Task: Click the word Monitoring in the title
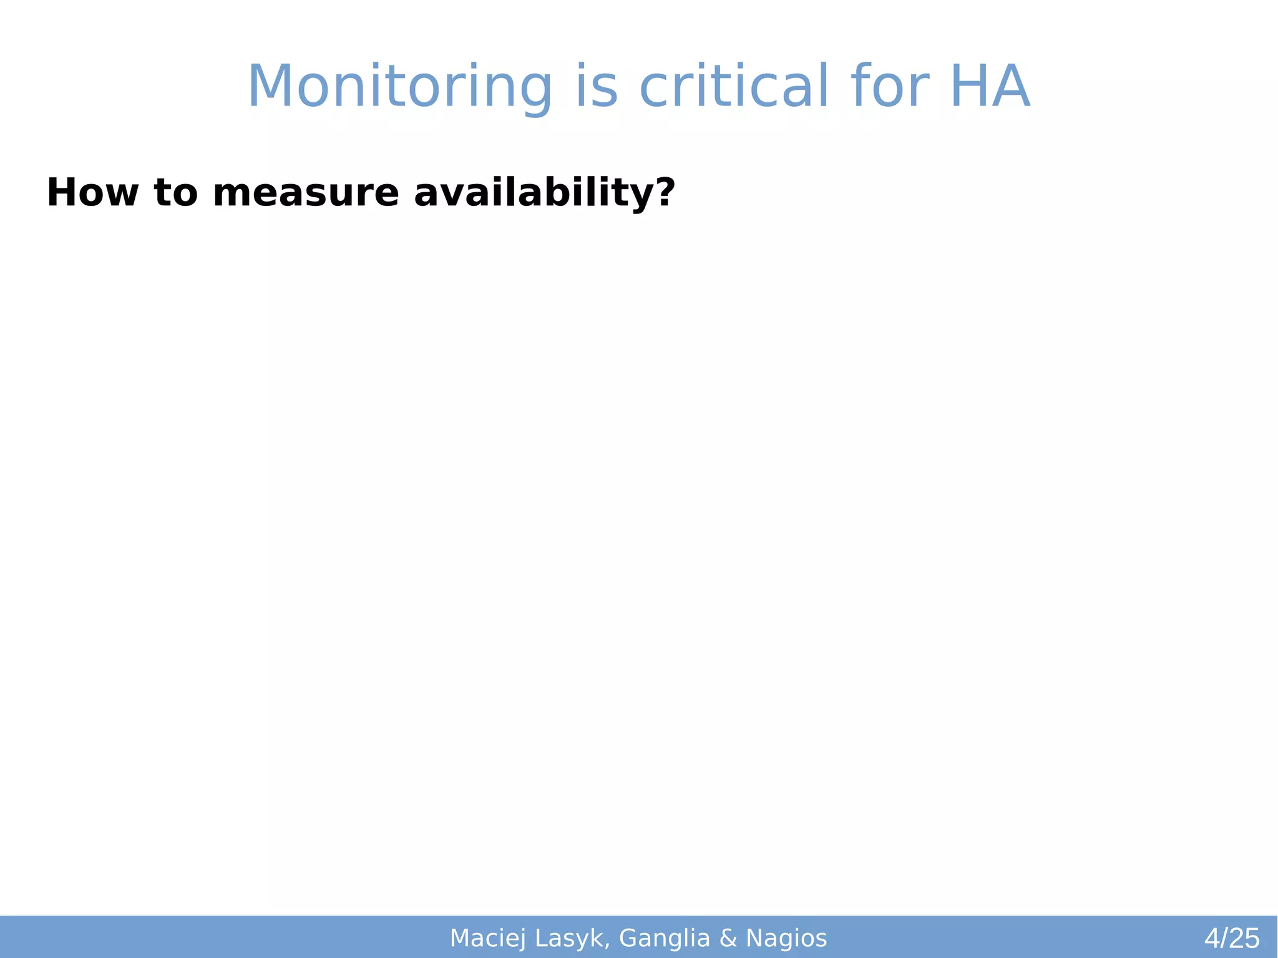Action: (x=400, y=87)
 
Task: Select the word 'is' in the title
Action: (x=596, y=87)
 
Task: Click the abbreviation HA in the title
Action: (x=989, y=87)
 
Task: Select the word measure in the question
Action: (x=305, y=193)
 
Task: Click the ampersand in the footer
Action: (x=728, y=938)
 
